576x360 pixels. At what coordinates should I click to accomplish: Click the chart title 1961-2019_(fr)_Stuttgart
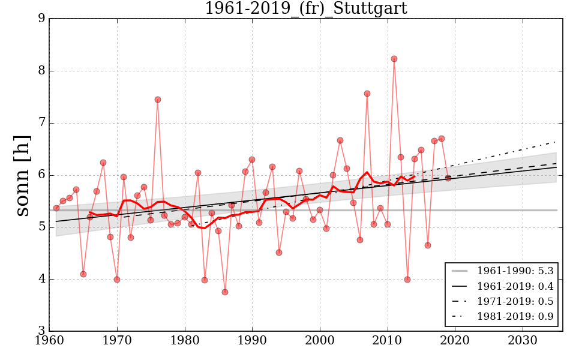point(305,9)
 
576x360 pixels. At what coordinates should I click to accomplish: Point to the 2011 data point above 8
point(394,59)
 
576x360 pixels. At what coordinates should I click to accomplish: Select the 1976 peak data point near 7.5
point(157,100)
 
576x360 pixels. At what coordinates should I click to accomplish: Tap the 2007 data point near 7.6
point(367,94)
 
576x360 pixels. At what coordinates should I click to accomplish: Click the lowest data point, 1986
point(225,292)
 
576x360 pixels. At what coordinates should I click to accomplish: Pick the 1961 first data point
point(56,208)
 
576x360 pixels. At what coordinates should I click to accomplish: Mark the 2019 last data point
point(448,178)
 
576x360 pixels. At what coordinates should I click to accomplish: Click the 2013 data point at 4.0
point(407,280)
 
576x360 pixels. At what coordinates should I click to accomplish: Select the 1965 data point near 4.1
point(83,274)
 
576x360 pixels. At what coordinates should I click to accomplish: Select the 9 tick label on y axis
point(41,19)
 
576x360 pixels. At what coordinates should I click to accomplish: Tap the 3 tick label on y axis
point(41,331)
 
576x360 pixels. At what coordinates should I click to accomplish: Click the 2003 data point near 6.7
point(340,140)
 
